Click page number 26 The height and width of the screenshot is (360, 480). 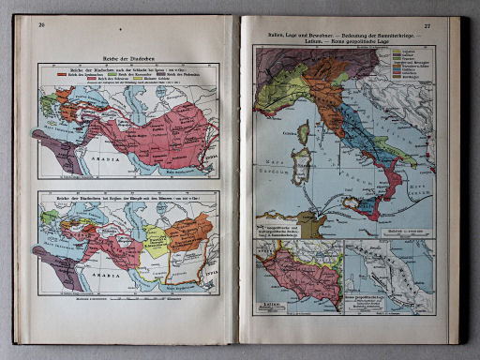(x=41, y=24)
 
